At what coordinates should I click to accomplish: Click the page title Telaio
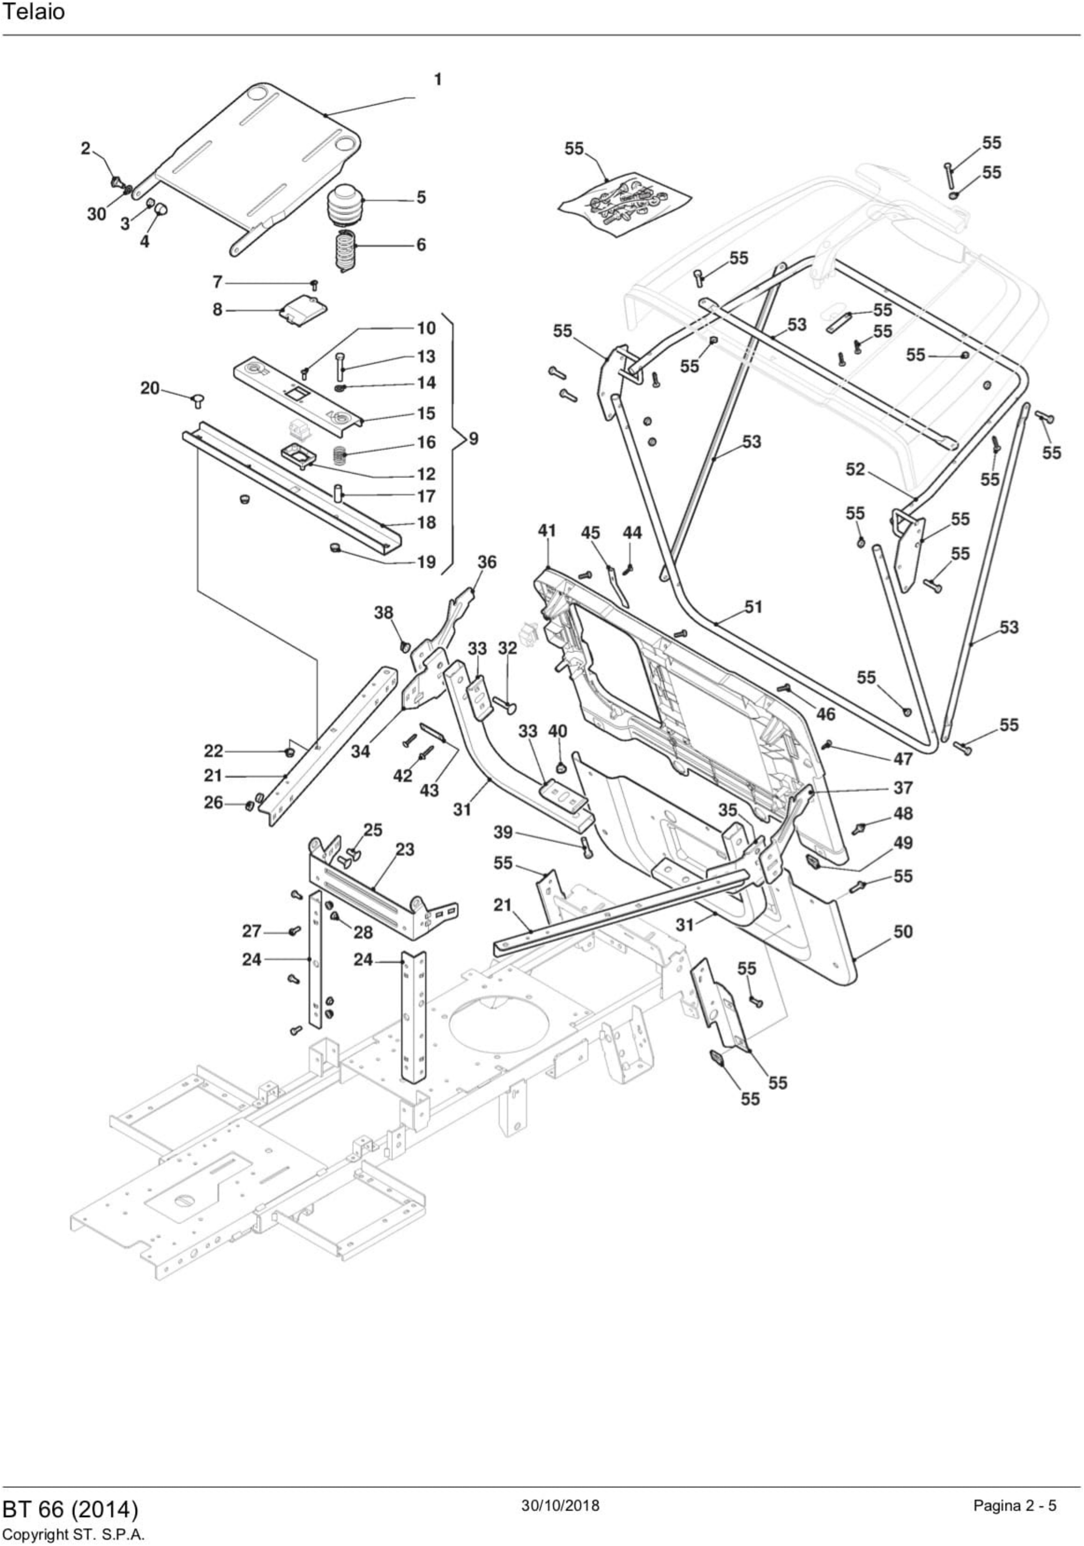click(34, 13)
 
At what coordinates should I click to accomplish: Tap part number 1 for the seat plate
click(438, 80)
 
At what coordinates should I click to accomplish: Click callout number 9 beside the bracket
click(474, 438)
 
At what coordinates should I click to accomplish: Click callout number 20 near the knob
click(149, 389)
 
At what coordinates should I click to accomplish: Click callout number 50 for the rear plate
click(903, 932)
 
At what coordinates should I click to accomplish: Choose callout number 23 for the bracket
click(405, 850)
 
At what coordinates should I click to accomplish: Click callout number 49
click(903, 843)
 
